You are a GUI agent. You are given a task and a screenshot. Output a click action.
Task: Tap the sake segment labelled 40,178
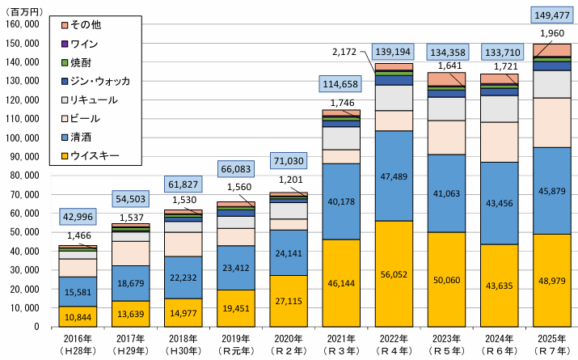(341, 202)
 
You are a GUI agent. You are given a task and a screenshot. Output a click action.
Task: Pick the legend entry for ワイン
(85, 43)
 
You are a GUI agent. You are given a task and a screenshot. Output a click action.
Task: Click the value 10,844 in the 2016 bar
(78, 316)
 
